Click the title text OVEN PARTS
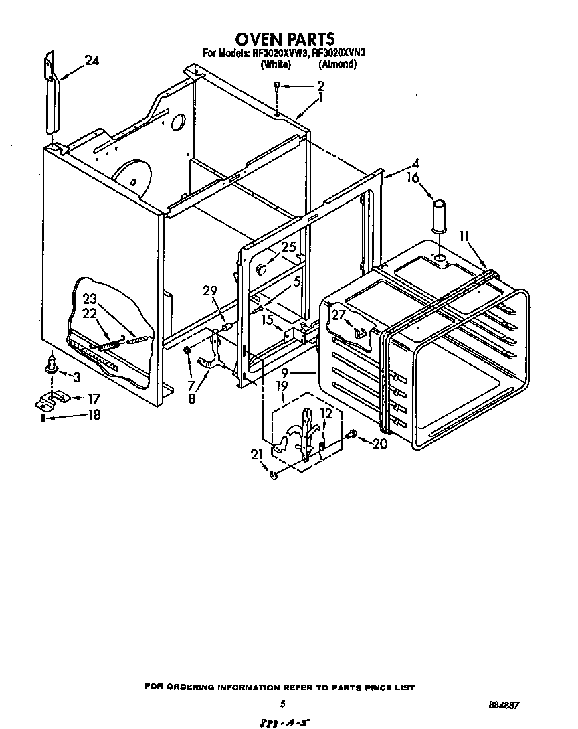(284, 39)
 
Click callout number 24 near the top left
(92, 61)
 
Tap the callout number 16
(413, 177)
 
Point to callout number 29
(210, 291)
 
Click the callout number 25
(288, 247)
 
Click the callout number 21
(256, 455)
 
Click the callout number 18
(94, 415)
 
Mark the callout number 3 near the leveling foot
(76, 378)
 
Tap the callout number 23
(90, 300)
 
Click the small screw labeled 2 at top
(277, 85)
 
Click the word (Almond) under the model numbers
(337, 65)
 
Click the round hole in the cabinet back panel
(178, 122)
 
